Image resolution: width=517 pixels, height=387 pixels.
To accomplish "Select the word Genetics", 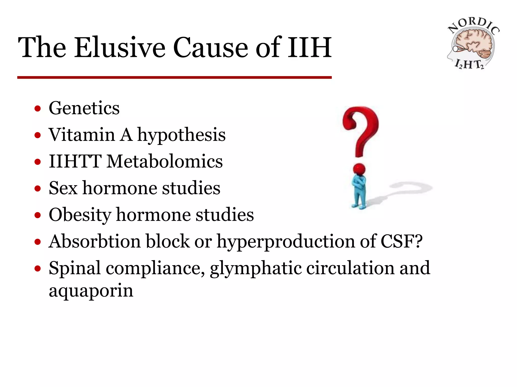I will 84,108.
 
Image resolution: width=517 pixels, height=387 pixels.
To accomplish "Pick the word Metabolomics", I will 165,161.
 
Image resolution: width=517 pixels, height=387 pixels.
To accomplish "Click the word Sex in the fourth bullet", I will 63,188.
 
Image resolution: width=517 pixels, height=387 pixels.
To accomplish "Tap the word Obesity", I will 80,215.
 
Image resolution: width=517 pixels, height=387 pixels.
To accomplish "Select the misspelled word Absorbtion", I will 94,241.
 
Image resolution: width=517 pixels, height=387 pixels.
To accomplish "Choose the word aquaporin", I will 91,291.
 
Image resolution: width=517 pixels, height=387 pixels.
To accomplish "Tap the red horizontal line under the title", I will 174,77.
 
